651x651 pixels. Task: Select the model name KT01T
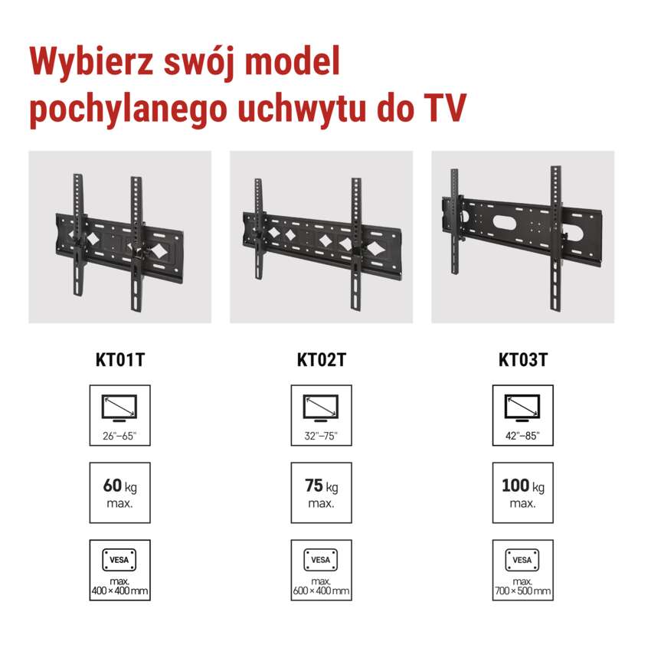[120, 360]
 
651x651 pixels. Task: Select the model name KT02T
[322, 360]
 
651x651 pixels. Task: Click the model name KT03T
[523, 360]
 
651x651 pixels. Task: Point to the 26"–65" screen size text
[119, 436]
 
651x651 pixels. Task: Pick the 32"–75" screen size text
[321, 436]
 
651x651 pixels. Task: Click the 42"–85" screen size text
[522, 436]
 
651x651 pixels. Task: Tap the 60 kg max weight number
[112, 486]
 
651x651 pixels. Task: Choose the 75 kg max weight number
[313, 486]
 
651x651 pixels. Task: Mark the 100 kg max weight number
[515, 486]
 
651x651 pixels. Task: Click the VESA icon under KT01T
[119, 560]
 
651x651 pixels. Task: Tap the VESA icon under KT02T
[320, 560]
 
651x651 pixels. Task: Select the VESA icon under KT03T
[522, 560]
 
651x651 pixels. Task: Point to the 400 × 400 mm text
[119, 590]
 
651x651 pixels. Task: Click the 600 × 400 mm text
[321, 590]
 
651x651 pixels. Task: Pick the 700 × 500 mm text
[522, 590]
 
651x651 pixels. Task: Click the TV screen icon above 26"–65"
[119, 408]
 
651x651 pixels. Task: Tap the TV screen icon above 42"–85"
[522, 408]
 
